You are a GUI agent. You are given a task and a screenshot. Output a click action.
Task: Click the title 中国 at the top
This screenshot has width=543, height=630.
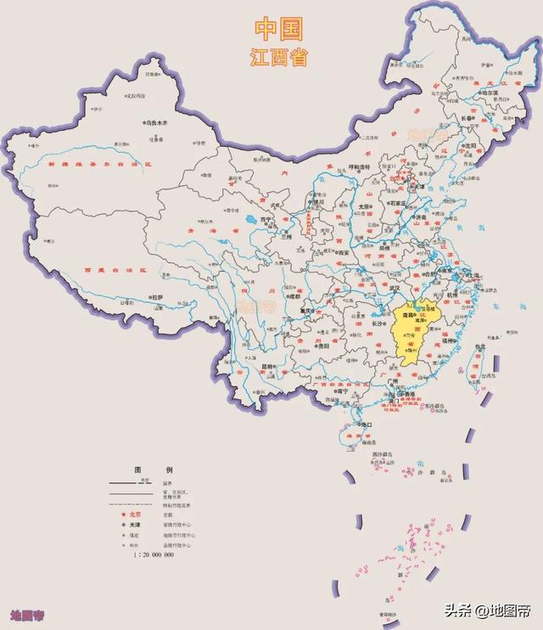279,30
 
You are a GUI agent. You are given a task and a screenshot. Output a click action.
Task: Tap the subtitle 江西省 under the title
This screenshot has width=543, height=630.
279,58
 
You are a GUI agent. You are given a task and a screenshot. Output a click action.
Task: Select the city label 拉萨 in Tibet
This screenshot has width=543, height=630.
157,297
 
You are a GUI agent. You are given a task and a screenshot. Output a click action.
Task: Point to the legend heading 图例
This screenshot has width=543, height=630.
153,470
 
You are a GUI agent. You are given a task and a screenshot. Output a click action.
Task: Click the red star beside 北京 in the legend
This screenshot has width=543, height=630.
123,515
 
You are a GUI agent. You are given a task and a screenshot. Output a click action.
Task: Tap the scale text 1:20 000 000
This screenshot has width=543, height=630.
153,554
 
